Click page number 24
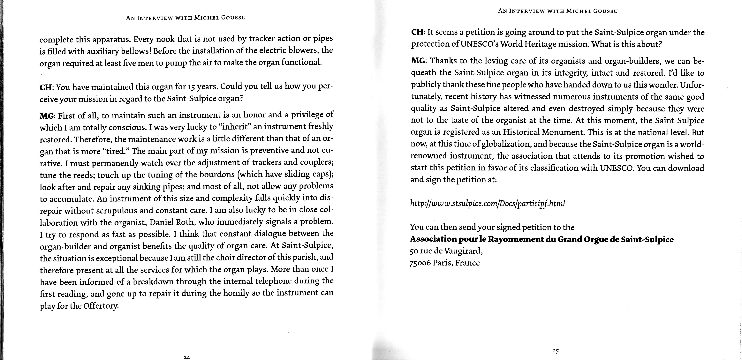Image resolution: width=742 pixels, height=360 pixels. pyautogui.click(x=187, y=357)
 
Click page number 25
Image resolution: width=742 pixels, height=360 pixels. pyautogui.click(x=556, y=351)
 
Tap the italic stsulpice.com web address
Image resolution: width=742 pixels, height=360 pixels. pyautogui.click(x=487, y=204)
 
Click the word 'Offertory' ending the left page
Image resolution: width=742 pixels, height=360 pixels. pyautogui.click(x=101, y=306)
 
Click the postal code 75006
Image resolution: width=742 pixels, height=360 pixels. pyautogui.click(x=420, y=263)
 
